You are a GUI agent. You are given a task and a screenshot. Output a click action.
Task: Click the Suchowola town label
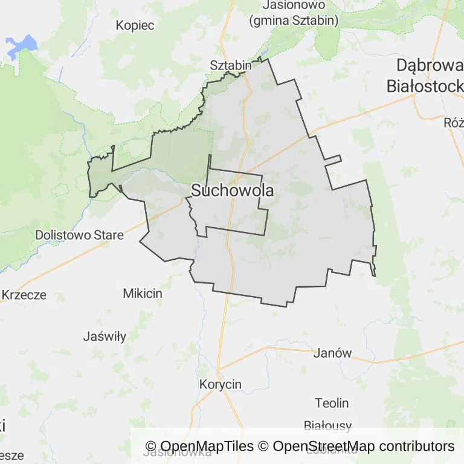(232, 191)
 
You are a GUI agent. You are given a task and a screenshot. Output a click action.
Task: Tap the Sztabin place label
(230, 65)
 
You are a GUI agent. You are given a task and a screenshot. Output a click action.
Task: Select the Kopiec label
(135, 25)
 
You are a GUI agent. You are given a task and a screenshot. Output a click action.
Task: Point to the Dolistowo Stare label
(79, 234)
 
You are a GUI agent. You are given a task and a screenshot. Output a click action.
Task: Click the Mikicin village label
(143, 294)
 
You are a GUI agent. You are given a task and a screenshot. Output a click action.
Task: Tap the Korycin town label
(221, 384)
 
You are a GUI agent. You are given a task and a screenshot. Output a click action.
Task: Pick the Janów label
(332, 353)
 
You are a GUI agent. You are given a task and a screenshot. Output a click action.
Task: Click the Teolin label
(332, 403)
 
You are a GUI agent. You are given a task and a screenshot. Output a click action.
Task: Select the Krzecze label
(24, 295)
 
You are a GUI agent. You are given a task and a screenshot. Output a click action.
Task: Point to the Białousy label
(327, 426)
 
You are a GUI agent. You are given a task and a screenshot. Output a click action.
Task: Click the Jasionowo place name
(295, 5)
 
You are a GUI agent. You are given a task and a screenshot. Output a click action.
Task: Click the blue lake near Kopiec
(21, 46)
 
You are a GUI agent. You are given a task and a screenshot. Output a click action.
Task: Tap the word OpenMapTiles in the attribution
(207, 446)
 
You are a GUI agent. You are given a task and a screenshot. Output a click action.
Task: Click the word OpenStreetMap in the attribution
(324, 446)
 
